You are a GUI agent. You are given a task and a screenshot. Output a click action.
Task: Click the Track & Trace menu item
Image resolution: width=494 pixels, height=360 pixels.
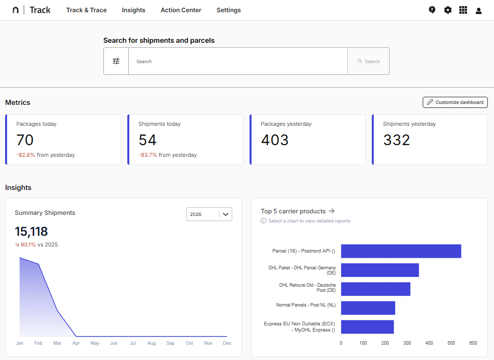(87, 10)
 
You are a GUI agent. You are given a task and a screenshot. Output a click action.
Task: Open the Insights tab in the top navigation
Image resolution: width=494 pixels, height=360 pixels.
(133, 10)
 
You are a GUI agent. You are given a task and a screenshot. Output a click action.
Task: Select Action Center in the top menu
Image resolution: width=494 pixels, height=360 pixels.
(181, 10)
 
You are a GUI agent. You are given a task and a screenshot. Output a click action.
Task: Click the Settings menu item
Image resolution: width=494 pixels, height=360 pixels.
(229, 10)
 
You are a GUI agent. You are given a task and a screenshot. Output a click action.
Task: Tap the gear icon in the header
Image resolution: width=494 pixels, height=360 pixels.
(448, 10)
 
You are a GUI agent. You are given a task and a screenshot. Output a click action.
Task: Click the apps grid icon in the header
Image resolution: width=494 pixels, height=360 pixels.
(463, 10)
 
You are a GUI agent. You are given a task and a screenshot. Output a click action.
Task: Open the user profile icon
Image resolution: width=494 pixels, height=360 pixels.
(479, 11)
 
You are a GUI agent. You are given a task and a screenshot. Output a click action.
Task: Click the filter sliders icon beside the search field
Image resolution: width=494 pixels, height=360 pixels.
(116, 61)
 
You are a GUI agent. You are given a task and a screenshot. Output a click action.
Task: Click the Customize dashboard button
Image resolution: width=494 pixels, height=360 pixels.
(455, 102)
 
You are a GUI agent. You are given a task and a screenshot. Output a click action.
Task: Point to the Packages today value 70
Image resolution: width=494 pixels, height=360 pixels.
(25, 140)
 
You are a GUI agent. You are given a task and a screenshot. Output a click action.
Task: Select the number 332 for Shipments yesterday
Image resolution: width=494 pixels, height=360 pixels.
(396, 140)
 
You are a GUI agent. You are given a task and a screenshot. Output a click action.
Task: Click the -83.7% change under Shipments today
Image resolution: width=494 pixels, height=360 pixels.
(148, 155)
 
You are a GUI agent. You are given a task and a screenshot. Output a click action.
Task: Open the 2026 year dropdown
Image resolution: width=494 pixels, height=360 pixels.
(209, 214)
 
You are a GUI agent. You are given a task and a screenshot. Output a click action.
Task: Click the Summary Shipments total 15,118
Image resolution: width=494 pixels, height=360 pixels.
(31, 232)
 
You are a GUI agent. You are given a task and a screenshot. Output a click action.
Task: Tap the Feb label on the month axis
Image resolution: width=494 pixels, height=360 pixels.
(38, 343)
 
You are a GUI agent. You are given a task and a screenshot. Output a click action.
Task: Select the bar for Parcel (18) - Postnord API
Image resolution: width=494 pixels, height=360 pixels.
(401, 251)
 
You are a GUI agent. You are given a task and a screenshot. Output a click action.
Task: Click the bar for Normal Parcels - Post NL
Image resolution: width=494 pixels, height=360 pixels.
(368, 308)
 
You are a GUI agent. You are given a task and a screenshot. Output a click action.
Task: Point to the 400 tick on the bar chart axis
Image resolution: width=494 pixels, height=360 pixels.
(429, 343)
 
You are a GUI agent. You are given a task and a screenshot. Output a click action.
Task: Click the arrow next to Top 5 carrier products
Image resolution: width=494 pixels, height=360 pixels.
(332, 211)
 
